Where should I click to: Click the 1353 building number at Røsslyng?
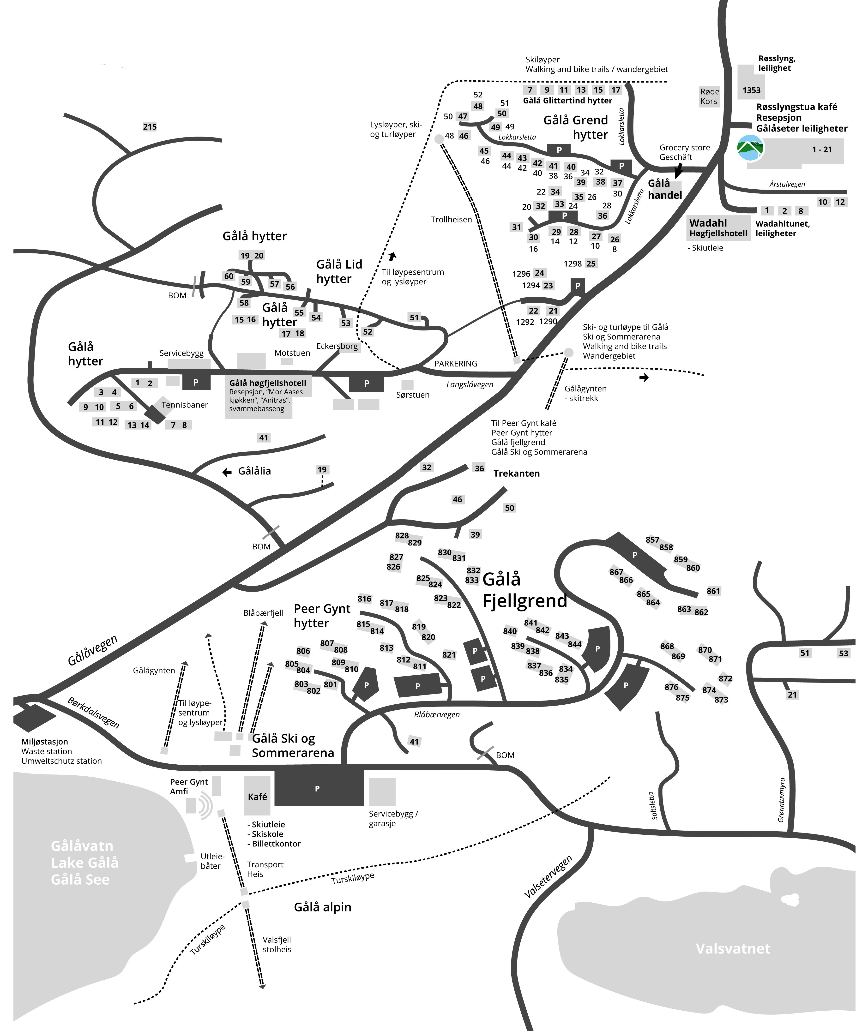click(x=751, y=90)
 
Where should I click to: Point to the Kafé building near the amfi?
click(x=257, y=796)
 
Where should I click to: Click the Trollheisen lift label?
click(x=451, y=219)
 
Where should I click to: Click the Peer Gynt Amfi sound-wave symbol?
click(x=206, y=805)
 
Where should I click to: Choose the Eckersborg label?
click(x=337, y=346)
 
